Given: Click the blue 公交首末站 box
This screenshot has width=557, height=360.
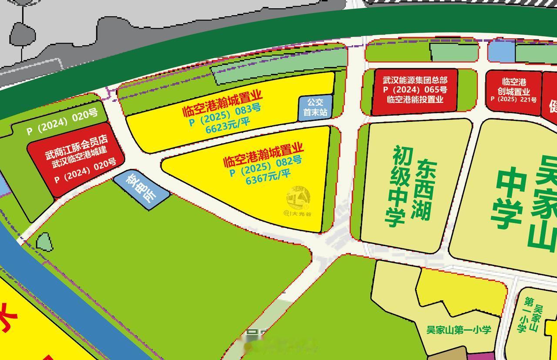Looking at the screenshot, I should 315,107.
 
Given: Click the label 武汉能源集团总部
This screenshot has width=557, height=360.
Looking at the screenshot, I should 415,80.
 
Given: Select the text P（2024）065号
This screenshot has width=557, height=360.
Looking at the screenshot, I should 415,90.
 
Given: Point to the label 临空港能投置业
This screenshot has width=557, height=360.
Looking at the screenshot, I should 415,100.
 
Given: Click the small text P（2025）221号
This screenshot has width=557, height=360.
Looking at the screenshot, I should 513,99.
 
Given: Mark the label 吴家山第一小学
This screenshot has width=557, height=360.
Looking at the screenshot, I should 459,330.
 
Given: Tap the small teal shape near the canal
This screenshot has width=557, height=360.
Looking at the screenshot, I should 44,242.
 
